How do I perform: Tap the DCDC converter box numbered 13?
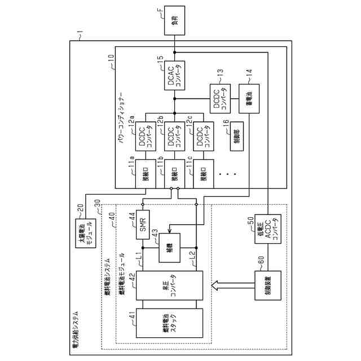[x=220, y=99]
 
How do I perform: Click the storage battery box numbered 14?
[x=249, y=98]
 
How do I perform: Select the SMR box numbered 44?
[x=144, y=225]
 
